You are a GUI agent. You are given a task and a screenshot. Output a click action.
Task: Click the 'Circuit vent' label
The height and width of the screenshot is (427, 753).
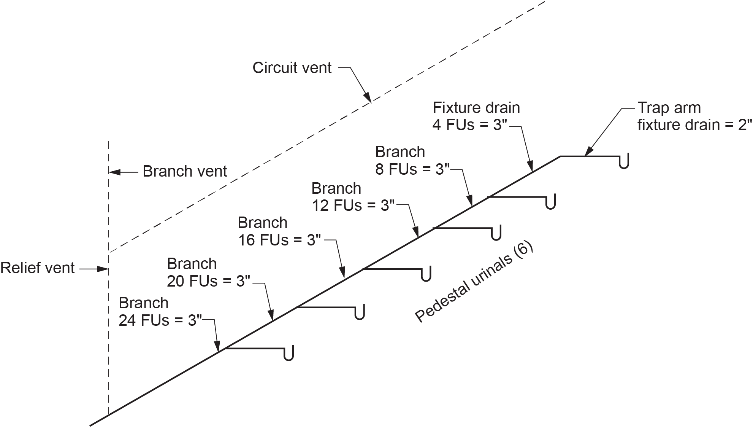[292, 68]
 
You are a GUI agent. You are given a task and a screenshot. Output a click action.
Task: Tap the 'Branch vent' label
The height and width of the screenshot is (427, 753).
[185, 172]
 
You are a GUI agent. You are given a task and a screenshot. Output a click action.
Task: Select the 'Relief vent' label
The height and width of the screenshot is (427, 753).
[37, 268]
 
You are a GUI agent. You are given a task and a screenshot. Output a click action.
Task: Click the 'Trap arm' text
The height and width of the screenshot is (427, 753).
[669, 108]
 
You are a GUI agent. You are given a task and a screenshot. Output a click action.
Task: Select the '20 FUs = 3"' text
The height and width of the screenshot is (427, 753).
[209, 281]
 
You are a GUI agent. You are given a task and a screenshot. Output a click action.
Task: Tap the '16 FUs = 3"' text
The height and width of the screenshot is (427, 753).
[280, 240]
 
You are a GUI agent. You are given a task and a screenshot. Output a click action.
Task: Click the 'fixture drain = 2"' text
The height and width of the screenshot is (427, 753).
[695, 125]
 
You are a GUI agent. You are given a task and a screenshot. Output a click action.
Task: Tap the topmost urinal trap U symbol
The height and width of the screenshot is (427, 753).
[624, 161]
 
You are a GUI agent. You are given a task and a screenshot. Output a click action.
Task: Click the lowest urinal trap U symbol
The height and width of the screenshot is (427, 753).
[289, 354]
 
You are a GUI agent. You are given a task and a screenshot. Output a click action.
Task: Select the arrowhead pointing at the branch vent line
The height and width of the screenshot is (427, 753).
[114, 172]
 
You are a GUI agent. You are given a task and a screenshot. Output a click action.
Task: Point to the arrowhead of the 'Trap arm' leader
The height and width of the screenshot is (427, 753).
[589, 152]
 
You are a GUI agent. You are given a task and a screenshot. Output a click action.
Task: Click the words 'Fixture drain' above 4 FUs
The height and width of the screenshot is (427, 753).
[476, 108]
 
